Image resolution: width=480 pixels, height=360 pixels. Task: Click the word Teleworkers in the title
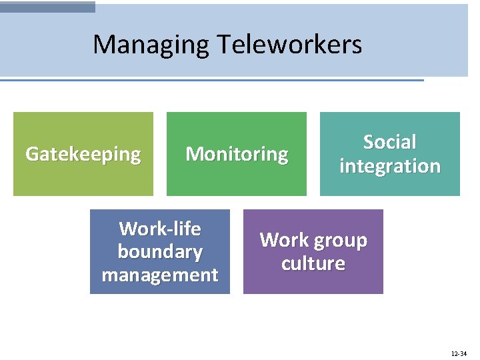(x=289, y=45)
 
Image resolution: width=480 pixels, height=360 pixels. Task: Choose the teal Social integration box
(x=390, y=183)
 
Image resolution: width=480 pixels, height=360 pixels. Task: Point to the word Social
(x=390, y=142)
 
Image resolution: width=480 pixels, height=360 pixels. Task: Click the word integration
(x=390, y=166)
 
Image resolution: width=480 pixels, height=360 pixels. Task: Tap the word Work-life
(x=160, y=229)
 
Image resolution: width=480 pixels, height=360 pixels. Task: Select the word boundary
(x=160, y=252)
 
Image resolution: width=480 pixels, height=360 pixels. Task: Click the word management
(x=160, y=275)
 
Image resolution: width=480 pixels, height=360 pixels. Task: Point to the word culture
(x=313, y=263)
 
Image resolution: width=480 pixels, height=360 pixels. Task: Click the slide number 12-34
(x=459, y=353)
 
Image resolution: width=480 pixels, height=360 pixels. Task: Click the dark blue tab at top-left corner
(x=47, y=7)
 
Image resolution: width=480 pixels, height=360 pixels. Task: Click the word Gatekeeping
(x=83, y=154)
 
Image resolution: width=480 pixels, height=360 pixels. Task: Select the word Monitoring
(x=237, y=154)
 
